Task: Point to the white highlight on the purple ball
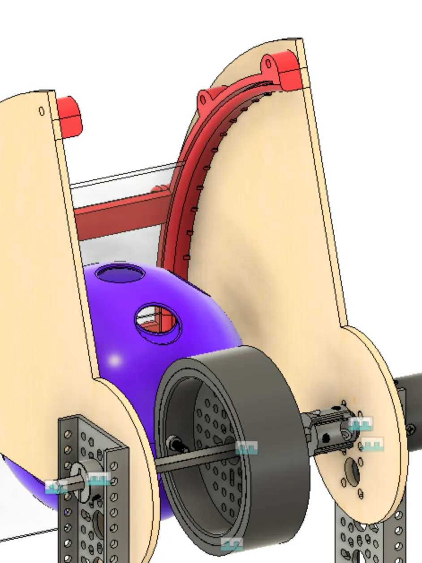(115, 360)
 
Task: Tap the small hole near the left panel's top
(42, 111)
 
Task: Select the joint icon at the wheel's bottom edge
(232, 544)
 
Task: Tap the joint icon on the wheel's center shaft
(246, 447)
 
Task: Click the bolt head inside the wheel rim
(175, 444)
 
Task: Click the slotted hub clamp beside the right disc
(325, 428)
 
